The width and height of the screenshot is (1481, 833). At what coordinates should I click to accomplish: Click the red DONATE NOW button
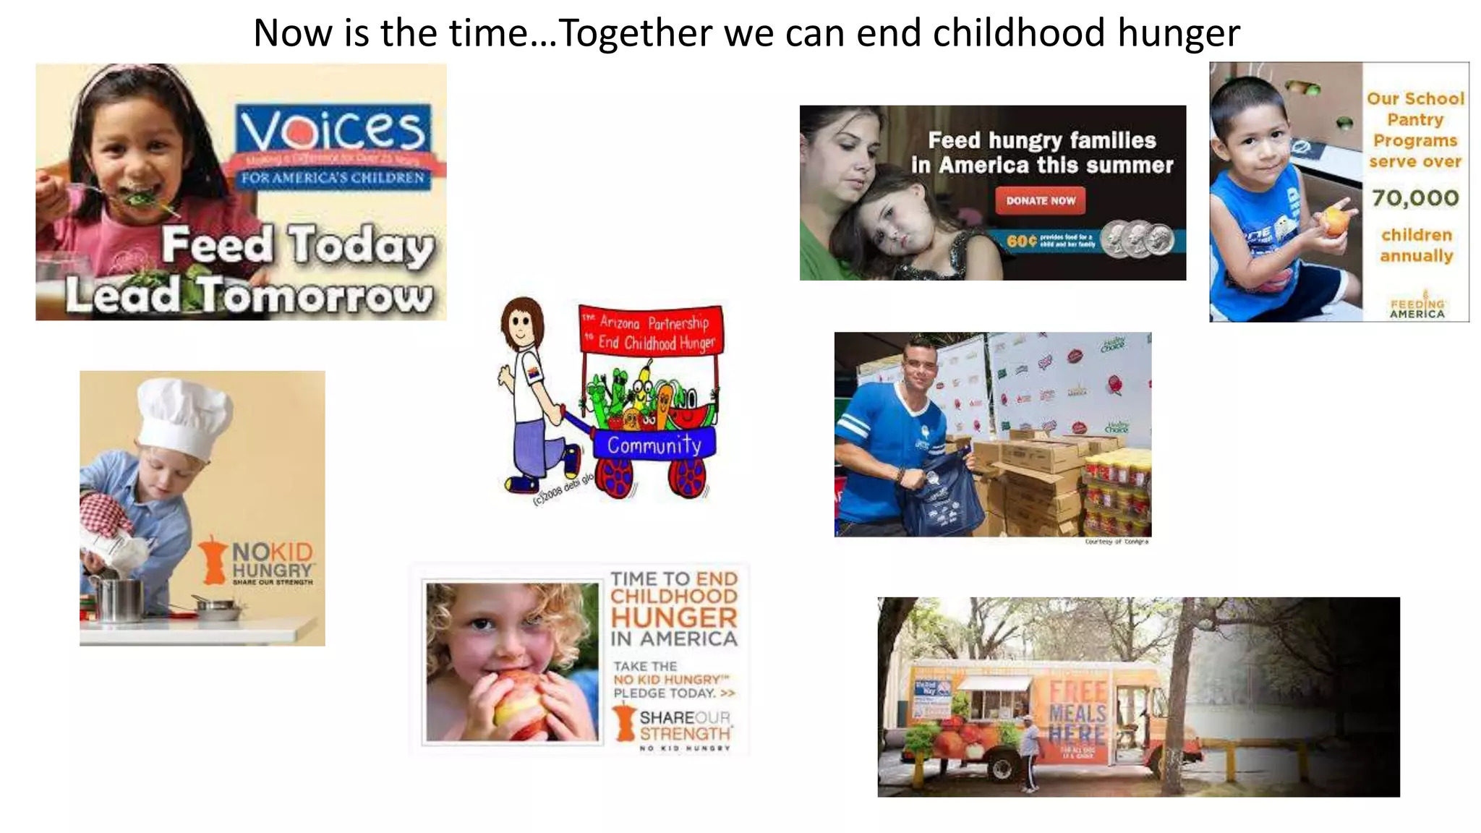1041,200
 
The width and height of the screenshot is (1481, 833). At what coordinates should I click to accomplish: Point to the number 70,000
1415,197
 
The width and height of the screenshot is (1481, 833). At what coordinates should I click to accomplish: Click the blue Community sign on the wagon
654,444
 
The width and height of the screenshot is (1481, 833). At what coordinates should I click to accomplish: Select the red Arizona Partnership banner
652,331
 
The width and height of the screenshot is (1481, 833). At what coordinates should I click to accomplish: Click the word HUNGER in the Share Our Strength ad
674,617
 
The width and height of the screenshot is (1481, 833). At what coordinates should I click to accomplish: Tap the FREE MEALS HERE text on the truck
1077,712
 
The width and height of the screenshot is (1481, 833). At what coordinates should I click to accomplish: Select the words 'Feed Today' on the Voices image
297,246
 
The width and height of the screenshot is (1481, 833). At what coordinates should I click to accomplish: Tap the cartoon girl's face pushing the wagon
522,324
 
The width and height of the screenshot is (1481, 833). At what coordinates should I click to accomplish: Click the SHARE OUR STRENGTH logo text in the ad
684,725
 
